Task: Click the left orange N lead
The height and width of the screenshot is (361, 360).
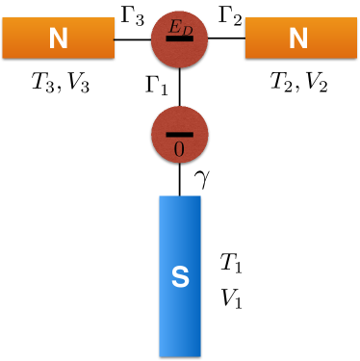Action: pyautogui.click(x=59, y=39)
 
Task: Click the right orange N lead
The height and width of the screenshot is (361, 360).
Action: pyautogui.click(x=299, y=39)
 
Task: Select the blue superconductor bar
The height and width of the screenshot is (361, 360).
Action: pyautogui.click(x=180, y=274)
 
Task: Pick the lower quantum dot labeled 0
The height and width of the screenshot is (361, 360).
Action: pyautogui.click(x=180, y=133)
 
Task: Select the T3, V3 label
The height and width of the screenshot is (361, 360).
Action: pyautogui.click(x=59, y=85)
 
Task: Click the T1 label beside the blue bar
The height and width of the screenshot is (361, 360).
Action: pyautogui.click(x=230, y=263)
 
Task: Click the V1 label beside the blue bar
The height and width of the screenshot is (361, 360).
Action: pyautogui.click(x=230, y=298)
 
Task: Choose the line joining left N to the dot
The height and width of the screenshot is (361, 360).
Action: pyautogui.click(x=134, y=39)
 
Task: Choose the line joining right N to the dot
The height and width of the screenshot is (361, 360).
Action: pyautogui.click(x=227, y=39)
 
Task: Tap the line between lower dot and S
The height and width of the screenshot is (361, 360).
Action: pyautogui.click(x=180, y=178)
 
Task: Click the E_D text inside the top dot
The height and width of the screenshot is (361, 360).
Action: pyautogui.click(x=180, y=32)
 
